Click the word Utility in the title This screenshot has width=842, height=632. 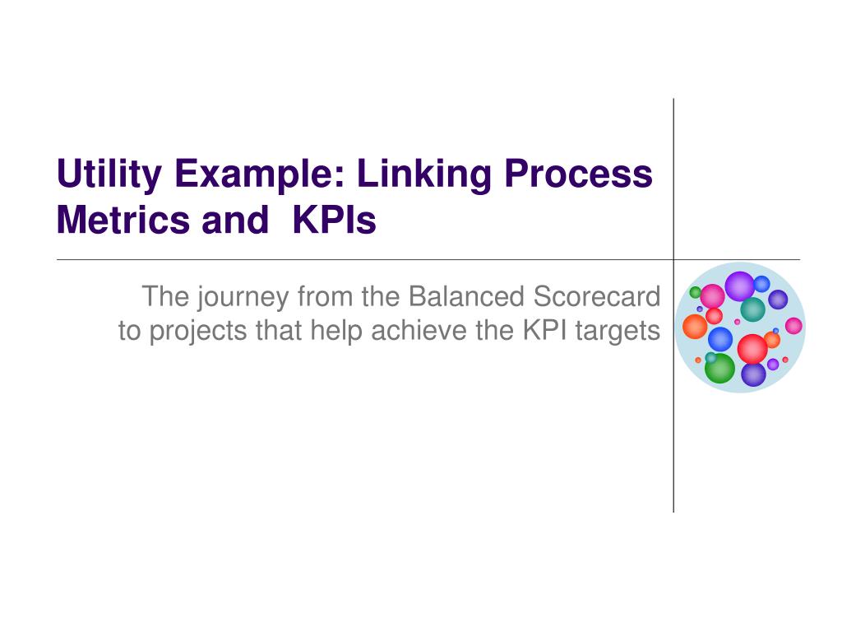click(x=109, y=174)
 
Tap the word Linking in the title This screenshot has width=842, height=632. click(x=424, y=174)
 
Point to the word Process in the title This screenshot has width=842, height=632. click(x=578, y=174)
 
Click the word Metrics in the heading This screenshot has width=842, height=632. click(x=123, y=220)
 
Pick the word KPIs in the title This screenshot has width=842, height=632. click(x=334, y=220)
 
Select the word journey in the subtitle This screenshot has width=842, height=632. click(x=243, y=297)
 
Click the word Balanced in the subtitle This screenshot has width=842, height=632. click(x=466, y=296)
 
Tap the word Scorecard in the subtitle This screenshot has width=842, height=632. click(x=597, y=296)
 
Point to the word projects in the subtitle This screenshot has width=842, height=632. click(x=197, y=331)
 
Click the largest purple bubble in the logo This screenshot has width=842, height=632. click(x=740, y=286)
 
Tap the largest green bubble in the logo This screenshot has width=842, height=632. click(x=719, y=368)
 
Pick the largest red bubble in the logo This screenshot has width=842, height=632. click(x=752, y=349)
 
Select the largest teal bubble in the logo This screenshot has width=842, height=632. click(x=753, y=309)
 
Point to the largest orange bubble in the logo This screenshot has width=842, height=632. click(x=695, y=327)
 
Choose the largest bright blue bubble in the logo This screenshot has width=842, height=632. click(x=720, y=340)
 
